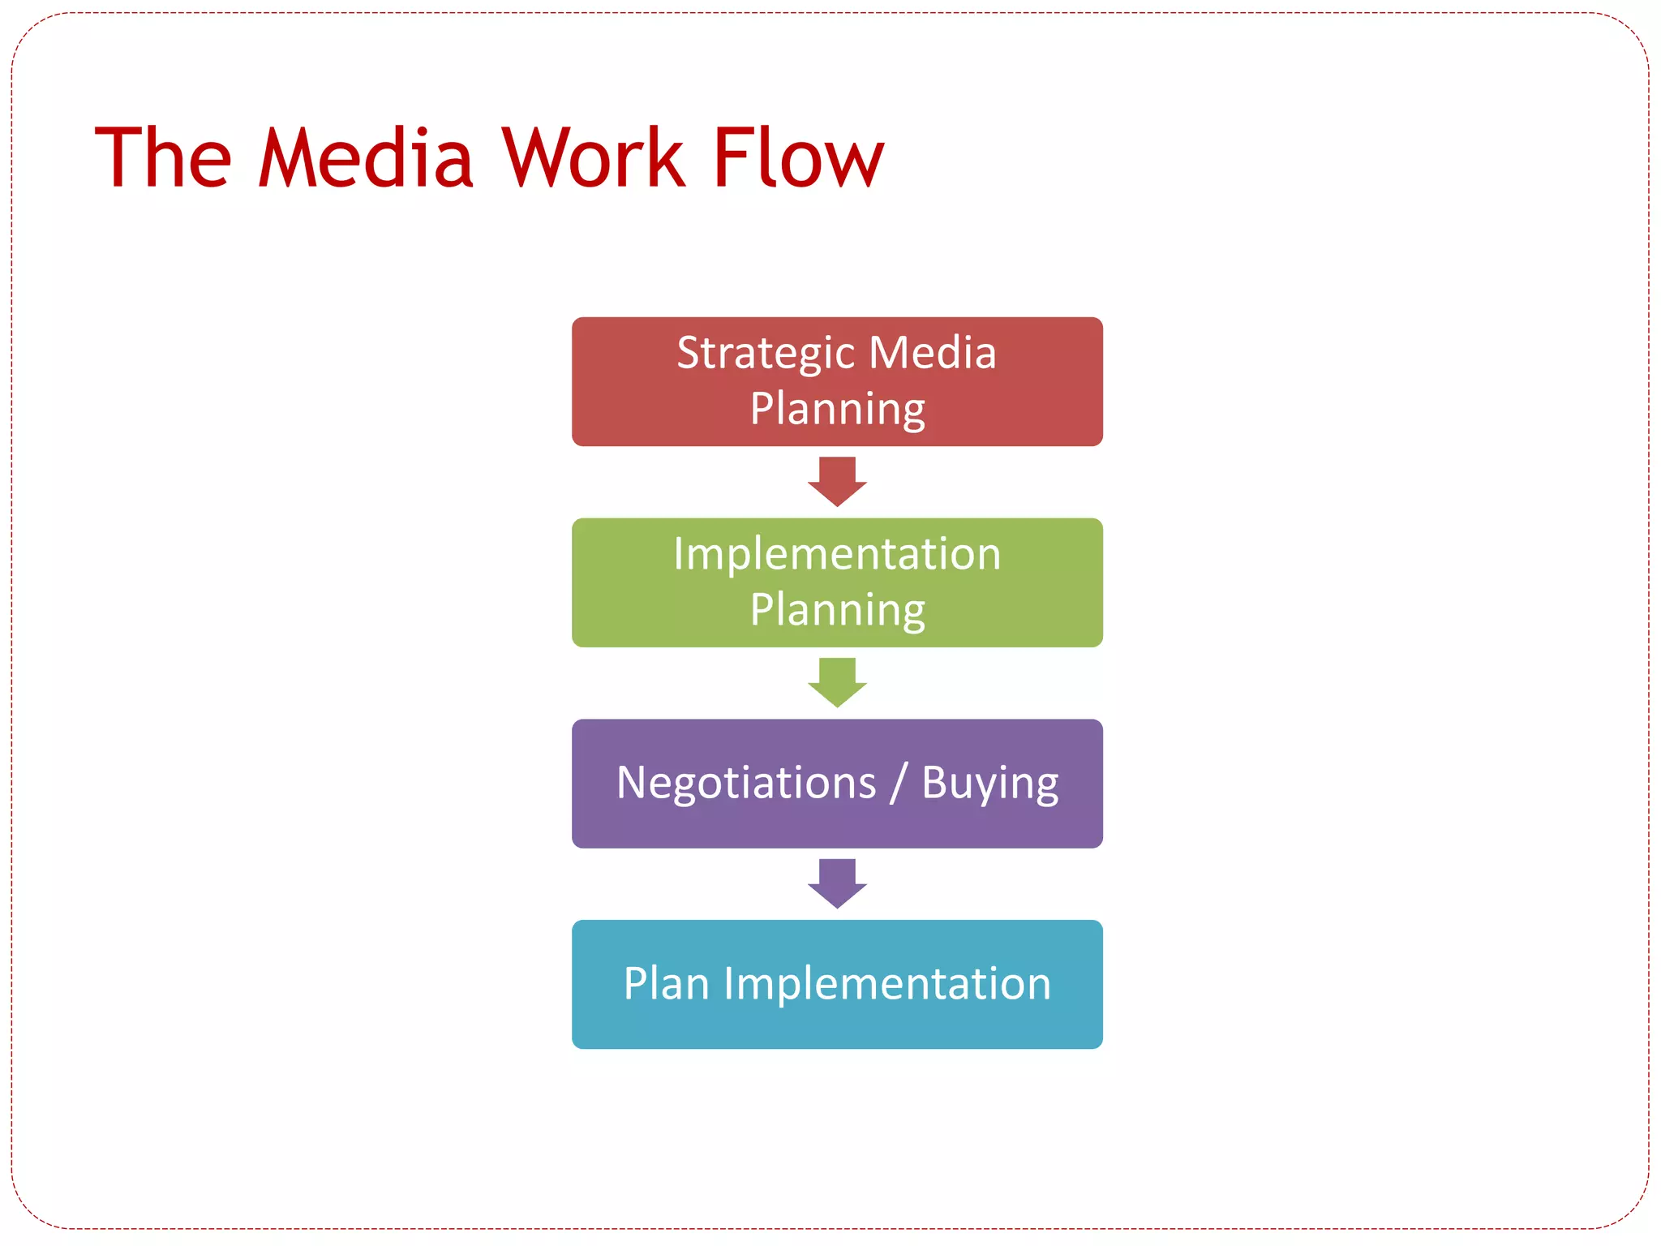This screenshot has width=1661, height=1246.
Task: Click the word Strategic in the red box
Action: click(766, 354)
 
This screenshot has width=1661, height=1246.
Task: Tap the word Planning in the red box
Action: click(837, 409)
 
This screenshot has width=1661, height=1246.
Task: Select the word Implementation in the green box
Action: click(837, 555)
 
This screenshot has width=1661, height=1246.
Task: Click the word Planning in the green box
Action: click(837, 610)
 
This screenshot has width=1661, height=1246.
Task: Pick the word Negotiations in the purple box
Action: click(746, 784)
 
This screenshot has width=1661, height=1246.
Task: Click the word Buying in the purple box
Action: click(989, 784)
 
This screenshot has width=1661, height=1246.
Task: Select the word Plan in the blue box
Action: click(667, 984)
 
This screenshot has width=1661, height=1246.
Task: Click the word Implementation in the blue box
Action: click(887, 984)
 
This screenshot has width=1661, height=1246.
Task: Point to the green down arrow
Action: click(837, 682)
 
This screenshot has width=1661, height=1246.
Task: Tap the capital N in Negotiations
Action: click(633, 783)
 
